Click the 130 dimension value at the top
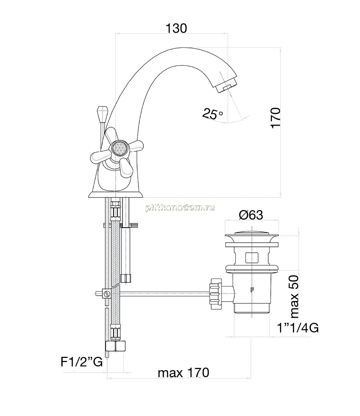pos(176,28)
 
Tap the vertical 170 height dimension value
pos(276,118)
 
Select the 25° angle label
pos(212,114)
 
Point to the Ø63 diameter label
pos(251,214)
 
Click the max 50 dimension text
pos(295,297)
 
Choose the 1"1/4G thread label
pos(298,328)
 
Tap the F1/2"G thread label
pos(81,362)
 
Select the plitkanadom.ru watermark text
pos(180,208)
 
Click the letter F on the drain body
pos(252,290)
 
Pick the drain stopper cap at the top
pos(252,236)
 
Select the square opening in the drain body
pos(252,257)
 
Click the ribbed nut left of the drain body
pos(215,294)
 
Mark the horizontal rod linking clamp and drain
pos(165,293)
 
